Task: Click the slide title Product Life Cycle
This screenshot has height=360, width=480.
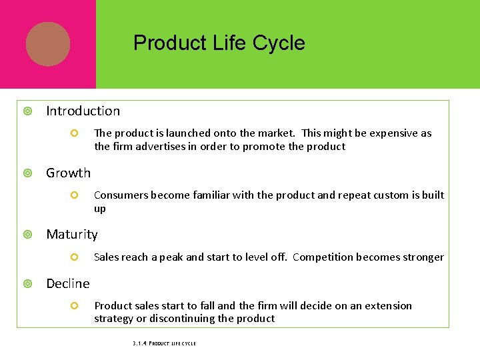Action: pyautogui.click(x=219, y=43)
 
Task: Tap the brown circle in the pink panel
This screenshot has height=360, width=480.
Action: pyautogui.click(x=48, y=44)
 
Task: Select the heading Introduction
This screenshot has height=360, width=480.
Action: pyautogui.click(x=83, y=111)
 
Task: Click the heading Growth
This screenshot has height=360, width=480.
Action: pyautogui.click(x=68, y=173)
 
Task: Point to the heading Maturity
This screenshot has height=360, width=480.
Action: pyautogui.click(x=71, y=235)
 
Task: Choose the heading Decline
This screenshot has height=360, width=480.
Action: pyautogui.click(x=67, y=284)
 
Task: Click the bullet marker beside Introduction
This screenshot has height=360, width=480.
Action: pyautogui.click(x=27, y=111)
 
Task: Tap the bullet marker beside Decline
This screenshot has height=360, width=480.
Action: pyautogui.click(x=27, y=284)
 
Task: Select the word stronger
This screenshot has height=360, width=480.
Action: pyautogui.click(x=423, y=257)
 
